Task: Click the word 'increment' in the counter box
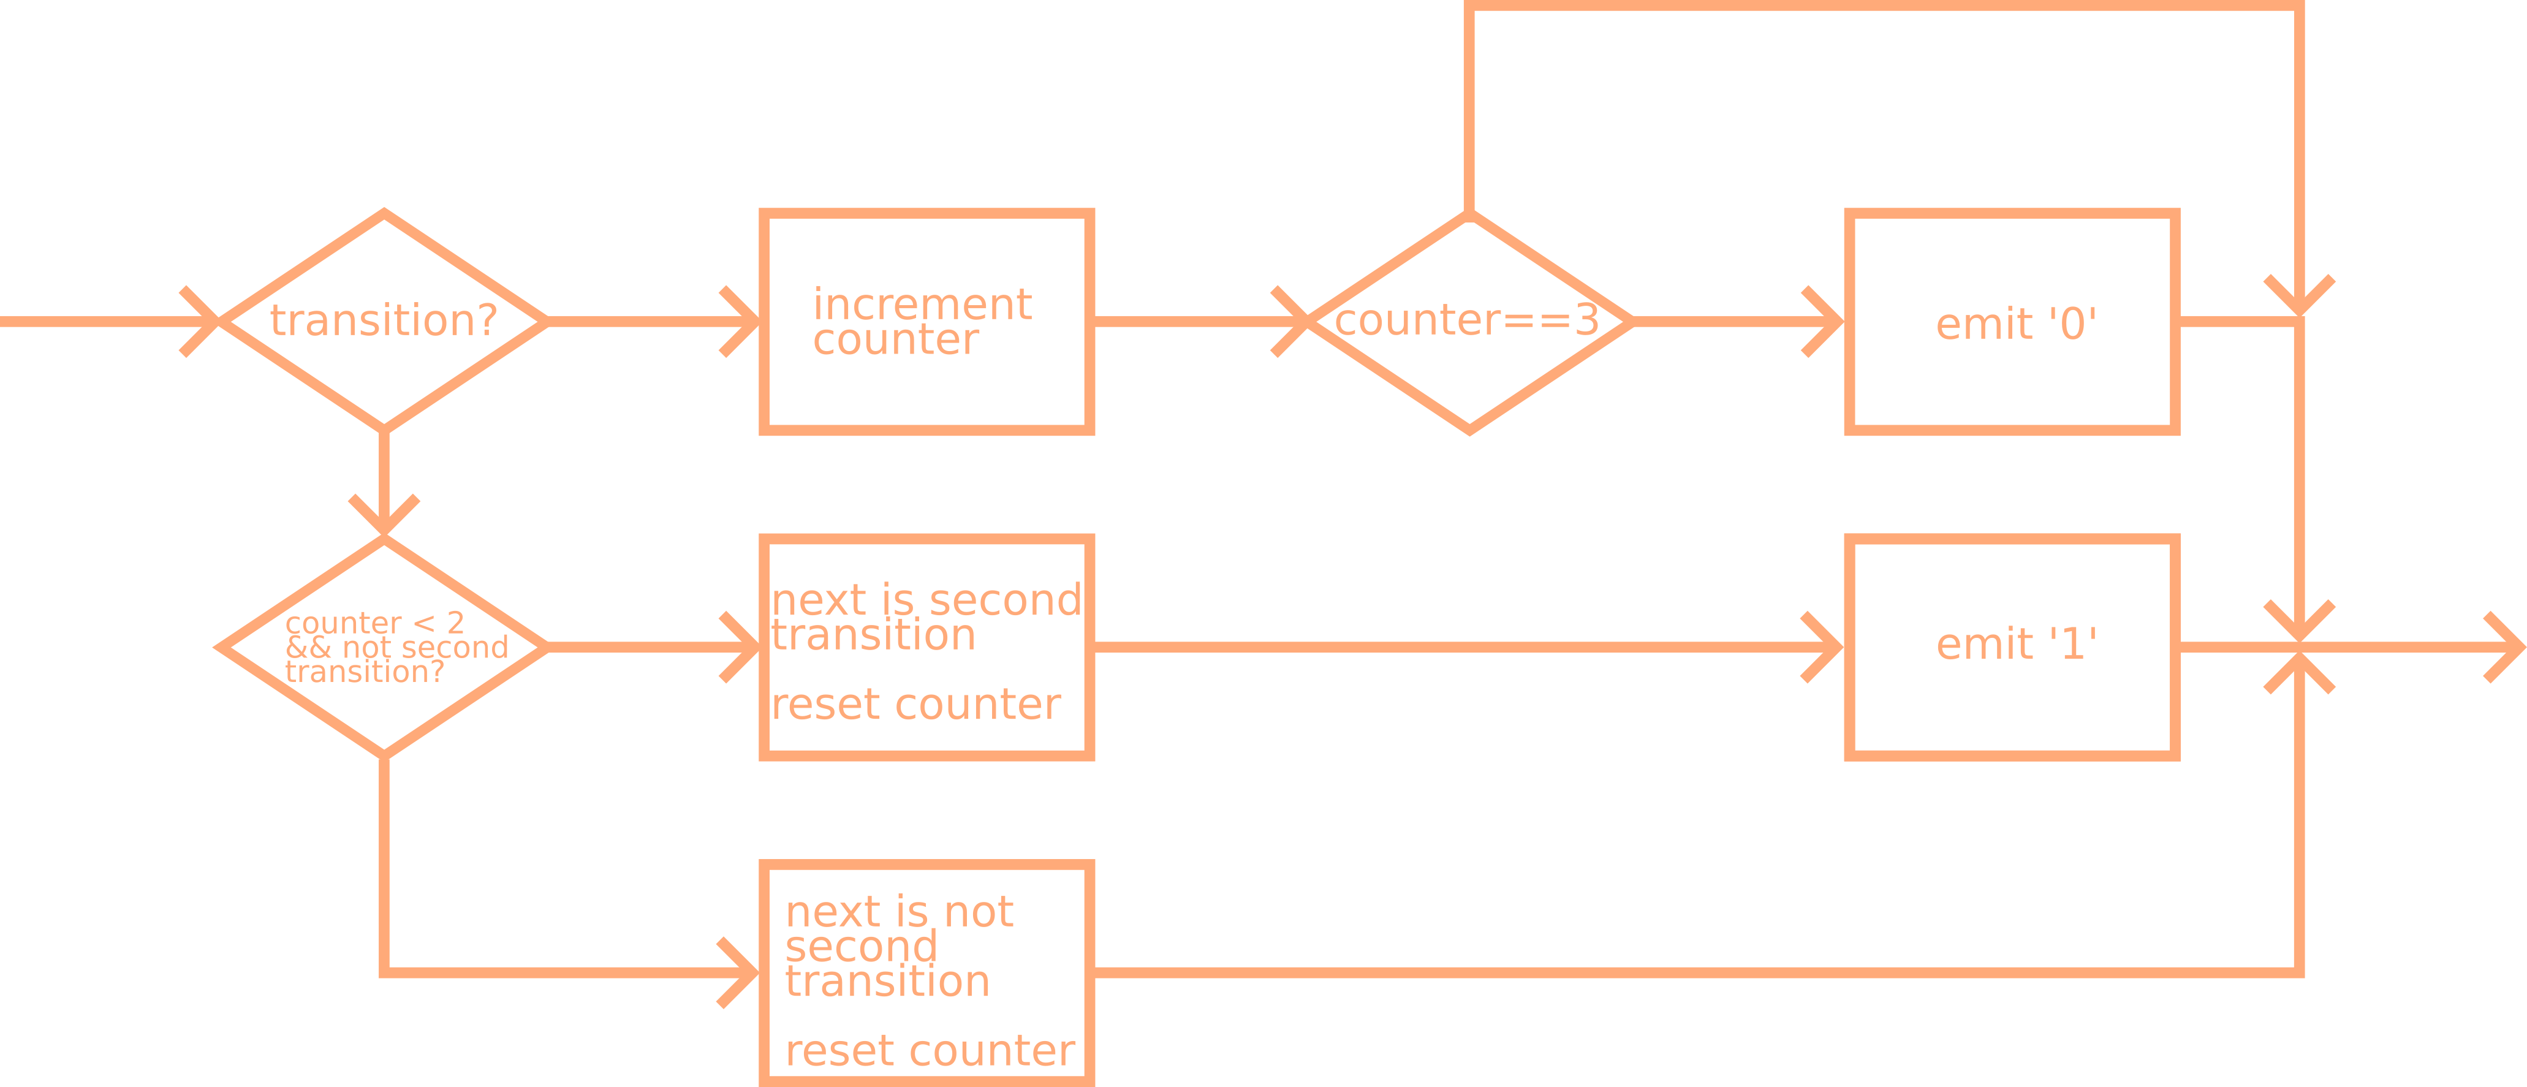922,304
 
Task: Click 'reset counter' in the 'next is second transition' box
915,705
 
